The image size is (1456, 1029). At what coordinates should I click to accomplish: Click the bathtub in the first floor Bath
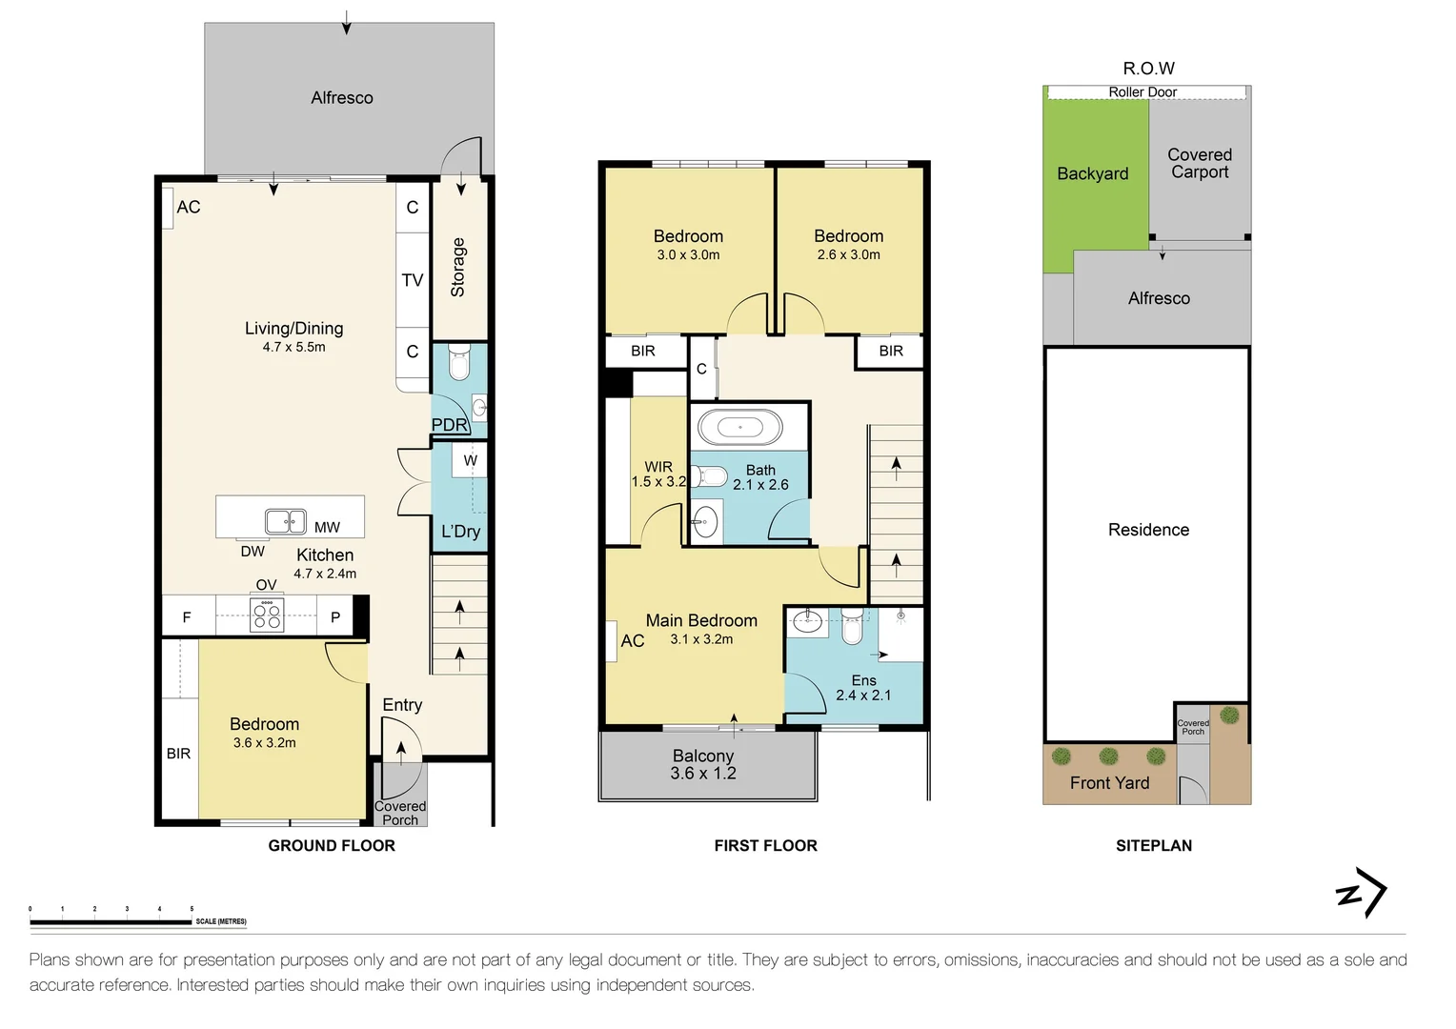point(739,427)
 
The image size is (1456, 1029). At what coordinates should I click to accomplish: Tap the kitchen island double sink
point(286,521)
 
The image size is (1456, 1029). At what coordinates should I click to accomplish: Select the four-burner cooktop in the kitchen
point(267,615)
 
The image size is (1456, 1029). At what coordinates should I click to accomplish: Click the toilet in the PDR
point(459,363)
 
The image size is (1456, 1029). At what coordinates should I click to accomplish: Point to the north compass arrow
point(1362,893)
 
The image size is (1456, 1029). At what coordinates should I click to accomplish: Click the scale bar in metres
point(111,921)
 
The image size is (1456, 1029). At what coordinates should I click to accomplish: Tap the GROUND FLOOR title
point(332,846)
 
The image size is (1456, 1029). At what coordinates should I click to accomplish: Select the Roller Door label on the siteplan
point(1143,92)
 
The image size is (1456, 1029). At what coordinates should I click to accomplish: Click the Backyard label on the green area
point(1093,173)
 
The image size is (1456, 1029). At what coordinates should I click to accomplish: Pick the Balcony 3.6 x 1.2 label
point(703,764)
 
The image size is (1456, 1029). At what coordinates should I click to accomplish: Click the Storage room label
point(458,267)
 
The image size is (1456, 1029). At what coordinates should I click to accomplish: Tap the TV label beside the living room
point(413,280)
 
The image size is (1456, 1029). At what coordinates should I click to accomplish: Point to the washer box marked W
point(470,460)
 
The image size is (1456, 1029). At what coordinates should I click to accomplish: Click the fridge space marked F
point(187,616)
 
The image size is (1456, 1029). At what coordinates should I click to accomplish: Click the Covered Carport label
point(1200,163)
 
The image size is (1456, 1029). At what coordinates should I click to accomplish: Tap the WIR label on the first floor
point(658,467)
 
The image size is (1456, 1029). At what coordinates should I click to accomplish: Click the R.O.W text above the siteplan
point(1148,69)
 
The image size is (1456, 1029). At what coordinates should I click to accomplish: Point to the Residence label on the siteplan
point(1148,530)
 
